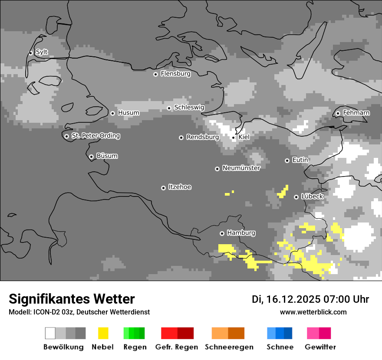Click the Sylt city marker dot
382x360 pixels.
[30, 53]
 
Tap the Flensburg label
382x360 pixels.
[175, 74]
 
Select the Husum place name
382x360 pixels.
[128, 113]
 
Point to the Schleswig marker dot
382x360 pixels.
[169, 108]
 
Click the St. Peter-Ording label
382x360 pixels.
[95, 136]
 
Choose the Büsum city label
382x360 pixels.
[107, 156]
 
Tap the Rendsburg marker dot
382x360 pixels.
[181, 137]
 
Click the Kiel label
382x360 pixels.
[244, 137]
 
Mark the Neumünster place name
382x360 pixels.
[241, 168]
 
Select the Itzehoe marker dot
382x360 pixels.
[163, 188]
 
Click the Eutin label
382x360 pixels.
[300, 160]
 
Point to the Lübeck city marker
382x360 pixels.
[296, 197]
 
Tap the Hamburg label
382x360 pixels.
[241, 233]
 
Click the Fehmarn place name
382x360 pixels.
[356, 113]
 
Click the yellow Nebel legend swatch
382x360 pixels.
[103, 333]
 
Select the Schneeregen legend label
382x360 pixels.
[229, 347]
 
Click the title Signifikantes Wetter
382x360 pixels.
[72, 299]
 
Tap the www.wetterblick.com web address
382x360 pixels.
[313, 312]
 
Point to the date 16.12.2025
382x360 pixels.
[293, 299]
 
